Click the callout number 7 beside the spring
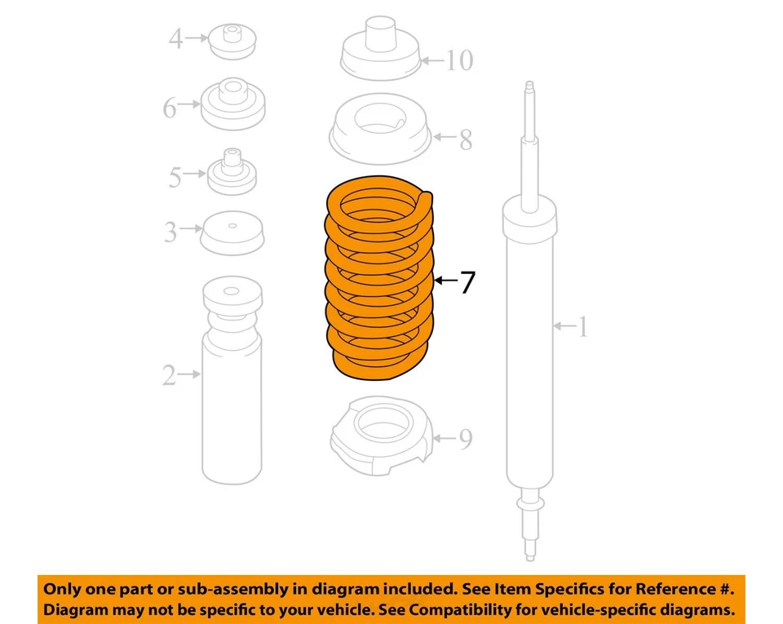[x=467, y=282]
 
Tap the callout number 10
[x=459, y=60]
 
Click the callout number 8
[x=465, y=139]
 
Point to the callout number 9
[x=464, y=440]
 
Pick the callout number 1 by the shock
[x=582, y=327]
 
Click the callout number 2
[x=169, y=376]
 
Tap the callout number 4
[x=175, y=38]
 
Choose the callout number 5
[x=175, y=176]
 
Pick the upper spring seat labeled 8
[x=380, y=134]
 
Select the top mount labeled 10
[x=378, y=55]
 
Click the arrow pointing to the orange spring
[x=445, y=281]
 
